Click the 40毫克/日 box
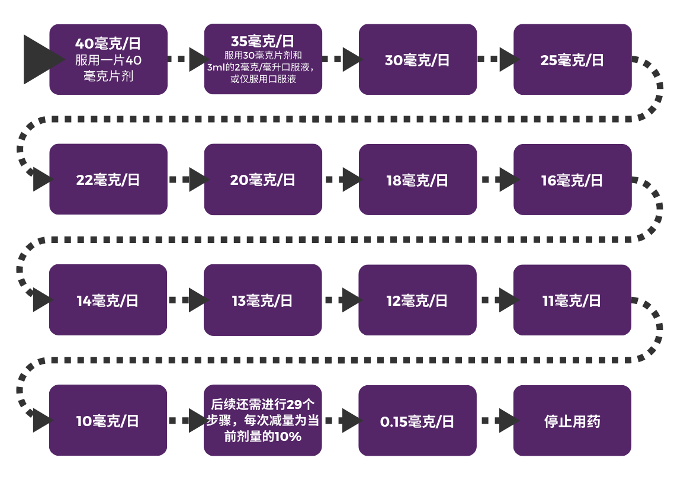[x=108, y=59]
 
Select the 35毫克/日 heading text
[x=262, y=41]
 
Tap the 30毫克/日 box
[x=418, y=59]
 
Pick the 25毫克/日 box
[x=572, y=59]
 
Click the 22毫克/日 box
[x=108, y=180]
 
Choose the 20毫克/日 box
[x=263, y=180]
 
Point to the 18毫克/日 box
[x=418, y=180]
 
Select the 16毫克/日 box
[x=572, y=180]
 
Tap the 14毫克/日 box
[x=108, y=300]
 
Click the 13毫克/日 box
[x=263, y=300]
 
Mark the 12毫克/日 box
[x=418, y=300]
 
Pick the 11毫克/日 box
[x=572, y=300]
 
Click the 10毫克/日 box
[x=108, y=421]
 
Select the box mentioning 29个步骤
[x=263, y=421]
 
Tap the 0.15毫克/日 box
[x=418, y=421]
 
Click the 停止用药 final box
[x=572, y=421]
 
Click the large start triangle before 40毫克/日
[x=39, y=59]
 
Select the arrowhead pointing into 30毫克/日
[x=352, y=59]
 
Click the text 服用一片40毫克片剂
[x=108, y=68]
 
